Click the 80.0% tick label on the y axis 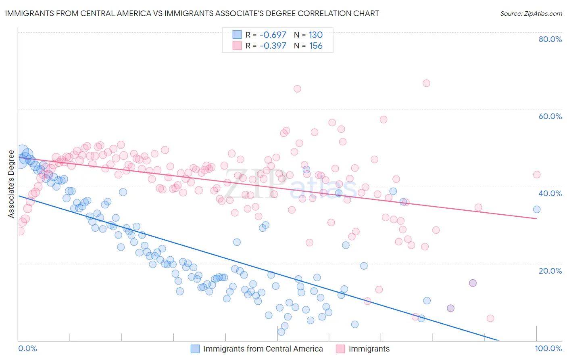click(550, 39)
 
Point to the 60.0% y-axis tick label click(550, 116)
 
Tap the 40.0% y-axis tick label click(550, 193)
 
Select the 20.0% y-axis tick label click(550, 271)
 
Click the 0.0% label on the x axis click(27, 348)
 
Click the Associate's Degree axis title click(11, 184)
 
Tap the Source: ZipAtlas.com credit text click(531, 13)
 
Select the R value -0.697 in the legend click(273, 35)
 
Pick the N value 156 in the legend click(316, 46)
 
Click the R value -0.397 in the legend click(273, 46)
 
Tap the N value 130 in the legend click(316, 35)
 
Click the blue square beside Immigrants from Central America click(195, 349)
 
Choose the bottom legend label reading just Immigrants click(369, 349)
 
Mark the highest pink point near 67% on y click(426, 83)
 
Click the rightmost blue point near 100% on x click(537, 209)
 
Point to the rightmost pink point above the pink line click(537, 174)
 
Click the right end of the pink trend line click(537, 218)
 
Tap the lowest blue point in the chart click(281, 332)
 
